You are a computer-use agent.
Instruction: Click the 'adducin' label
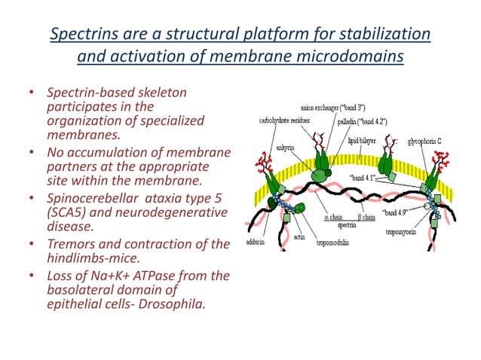(x=256, y=242)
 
